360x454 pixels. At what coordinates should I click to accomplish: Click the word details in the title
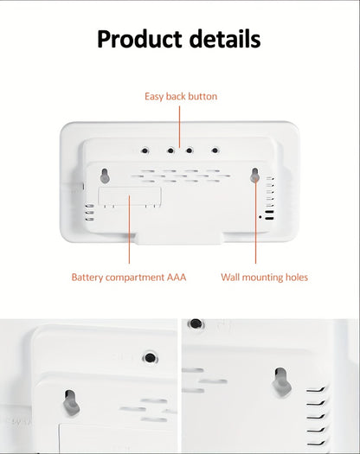click(221, 39)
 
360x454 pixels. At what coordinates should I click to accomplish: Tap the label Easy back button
click(180, 96)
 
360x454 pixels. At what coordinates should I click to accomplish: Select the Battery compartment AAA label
click(128, 278)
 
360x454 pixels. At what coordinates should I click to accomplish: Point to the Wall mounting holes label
click(264, 278)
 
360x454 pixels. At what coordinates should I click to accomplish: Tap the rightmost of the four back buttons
click(215, 150)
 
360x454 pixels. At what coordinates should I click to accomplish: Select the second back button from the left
click(170, 150)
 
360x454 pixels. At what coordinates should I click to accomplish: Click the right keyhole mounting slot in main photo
click(256, 176)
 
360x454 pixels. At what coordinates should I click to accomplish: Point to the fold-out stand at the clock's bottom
click(179, 234)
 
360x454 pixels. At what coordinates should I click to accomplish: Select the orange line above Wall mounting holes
click(256, 225)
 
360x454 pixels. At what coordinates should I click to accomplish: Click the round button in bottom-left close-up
click(150, 356)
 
